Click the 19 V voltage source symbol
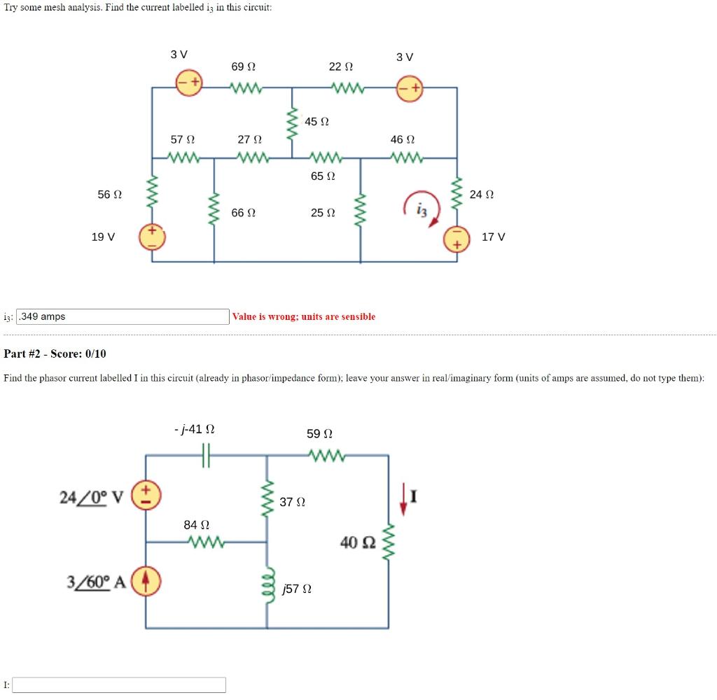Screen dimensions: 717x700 click(x=152, y=237)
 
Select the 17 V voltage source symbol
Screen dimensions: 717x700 click(x=457, y=239)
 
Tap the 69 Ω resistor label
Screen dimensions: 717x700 click(x=243, y=66)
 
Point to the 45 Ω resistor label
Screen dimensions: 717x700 click(x=316, y=122)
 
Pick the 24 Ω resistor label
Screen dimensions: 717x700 click(x=482, y=195)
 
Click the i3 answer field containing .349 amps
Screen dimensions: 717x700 click(x=123, y=316)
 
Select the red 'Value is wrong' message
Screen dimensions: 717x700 click(x=304, y=316)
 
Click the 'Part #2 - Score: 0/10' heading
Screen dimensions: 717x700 click(x=55, y=353)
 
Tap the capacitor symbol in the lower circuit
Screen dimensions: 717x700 click(x=206, y=455)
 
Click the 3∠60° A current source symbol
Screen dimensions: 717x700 click(x=146, y=581)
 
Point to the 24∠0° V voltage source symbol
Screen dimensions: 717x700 click(x=146, y=495)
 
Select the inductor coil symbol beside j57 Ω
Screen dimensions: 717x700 click(x=268, y=586)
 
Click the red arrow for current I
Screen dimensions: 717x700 click(x=403, y=499)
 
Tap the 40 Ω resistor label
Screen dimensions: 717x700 click(x=358, y=542)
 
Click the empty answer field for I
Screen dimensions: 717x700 click(x=119, y=685)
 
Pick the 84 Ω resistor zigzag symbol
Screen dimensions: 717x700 click(x=207, y=542)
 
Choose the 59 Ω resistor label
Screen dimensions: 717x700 click(x=319, y=433)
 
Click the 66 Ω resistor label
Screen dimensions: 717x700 click(x=243, y=213)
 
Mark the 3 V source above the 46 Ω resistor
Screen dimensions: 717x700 click(x=410, y=89)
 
